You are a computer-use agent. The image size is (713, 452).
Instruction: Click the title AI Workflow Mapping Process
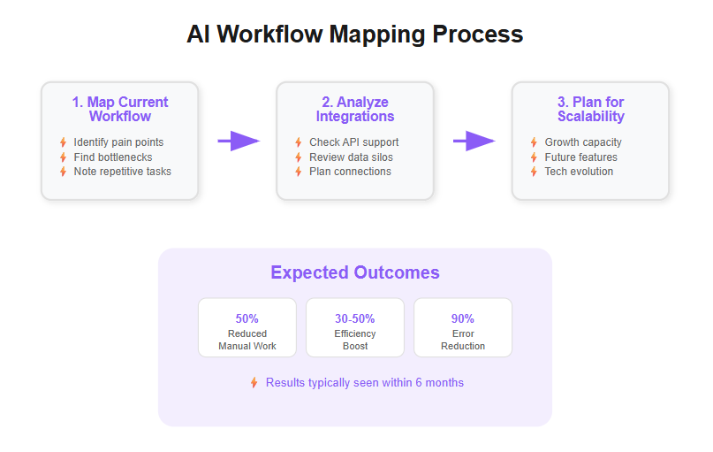[354, 34]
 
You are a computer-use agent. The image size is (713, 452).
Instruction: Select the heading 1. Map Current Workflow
[120, 109]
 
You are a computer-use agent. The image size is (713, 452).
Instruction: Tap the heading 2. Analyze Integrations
[355, 109]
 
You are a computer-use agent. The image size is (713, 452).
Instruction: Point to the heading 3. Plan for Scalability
[590, 109]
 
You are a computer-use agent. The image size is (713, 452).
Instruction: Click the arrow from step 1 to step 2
[239, 141]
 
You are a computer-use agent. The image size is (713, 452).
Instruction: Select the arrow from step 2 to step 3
[474, 141]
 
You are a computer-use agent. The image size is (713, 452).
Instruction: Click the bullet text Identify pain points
[118, 142]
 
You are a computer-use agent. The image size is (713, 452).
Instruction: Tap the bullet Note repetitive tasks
[122, 171]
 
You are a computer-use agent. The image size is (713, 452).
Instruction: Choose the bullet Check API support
[353, 142]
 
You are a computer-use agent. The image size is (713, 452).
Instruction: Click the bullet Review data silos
[351, 157]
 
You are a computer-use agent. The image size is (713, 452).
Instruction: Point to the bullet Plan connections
[350, 171]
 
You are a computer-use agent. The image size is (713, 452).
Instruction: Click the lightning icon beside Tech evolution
[534, 171]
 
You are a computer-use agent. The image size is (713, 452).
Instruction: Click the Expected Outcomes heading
[354, 272]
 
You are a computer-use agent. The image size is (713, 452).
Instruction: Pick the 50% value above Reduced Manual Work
[247, 318]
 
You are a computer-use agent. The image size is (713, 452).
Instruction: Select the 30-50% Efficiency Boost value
[354, 318]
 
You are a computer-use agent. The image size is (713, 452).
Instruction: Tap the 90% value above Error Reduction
[463, 318]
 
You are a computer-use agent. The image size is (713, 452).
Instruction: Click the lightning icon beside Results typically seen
[254, 383]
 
